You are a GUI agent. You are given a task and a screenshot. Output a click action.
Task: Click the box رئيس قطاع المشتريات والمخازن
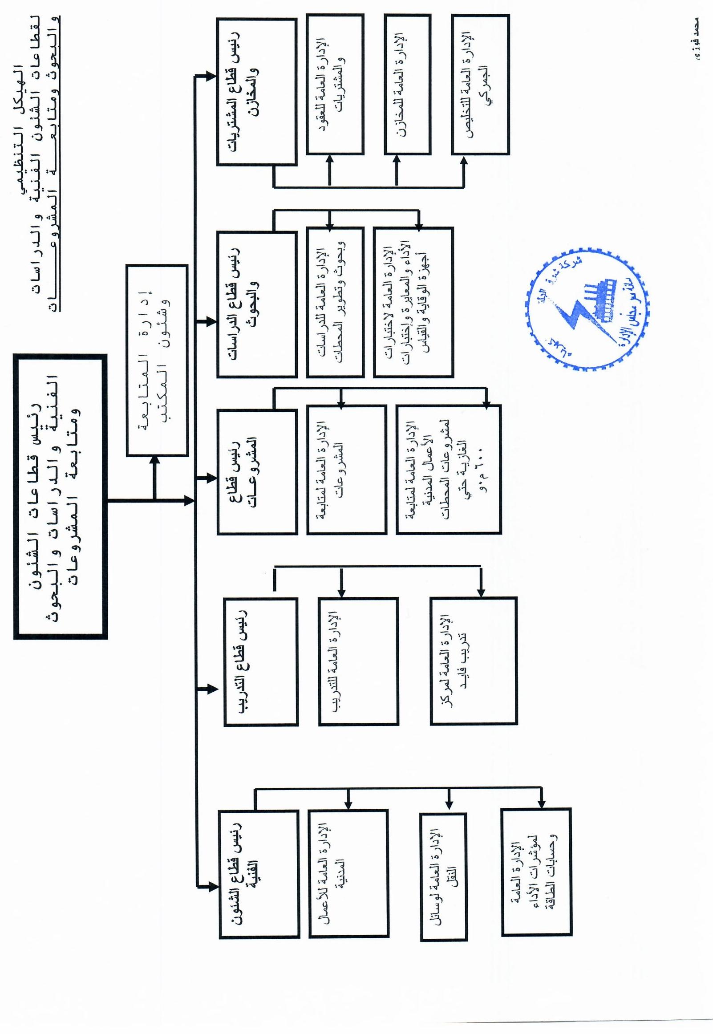click(x=256, y=92)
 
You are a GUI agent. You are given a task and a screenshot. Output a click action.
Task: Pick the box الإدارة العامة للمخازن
click(x=407, y=85)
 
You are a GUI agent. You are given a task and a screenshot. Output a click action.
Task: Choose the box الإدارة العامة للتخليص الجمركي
click(x=480, y=85)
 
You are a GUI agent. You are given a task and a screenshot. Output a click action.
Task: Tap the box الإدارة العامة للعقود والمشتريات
click(x=335, y=85)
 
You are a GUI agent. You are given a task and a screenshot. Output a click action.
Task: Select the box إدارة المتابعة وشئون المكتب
click(x=157, y=360)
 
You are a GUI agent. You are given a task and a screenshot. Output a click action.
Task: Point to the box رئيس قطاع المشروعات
click(x=257, y=472)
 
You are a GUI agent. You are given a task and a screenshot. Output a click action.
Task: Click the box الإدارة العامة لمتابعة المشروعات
click(x=346, y=470)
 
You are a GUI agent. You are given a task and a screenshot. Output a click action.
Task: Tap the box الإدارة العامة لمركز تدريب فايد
click(x=473, y=661)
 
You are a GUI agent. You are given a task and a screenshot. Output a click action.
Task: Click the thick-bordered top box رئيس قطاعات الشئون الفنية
click(x=61, y=496)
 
